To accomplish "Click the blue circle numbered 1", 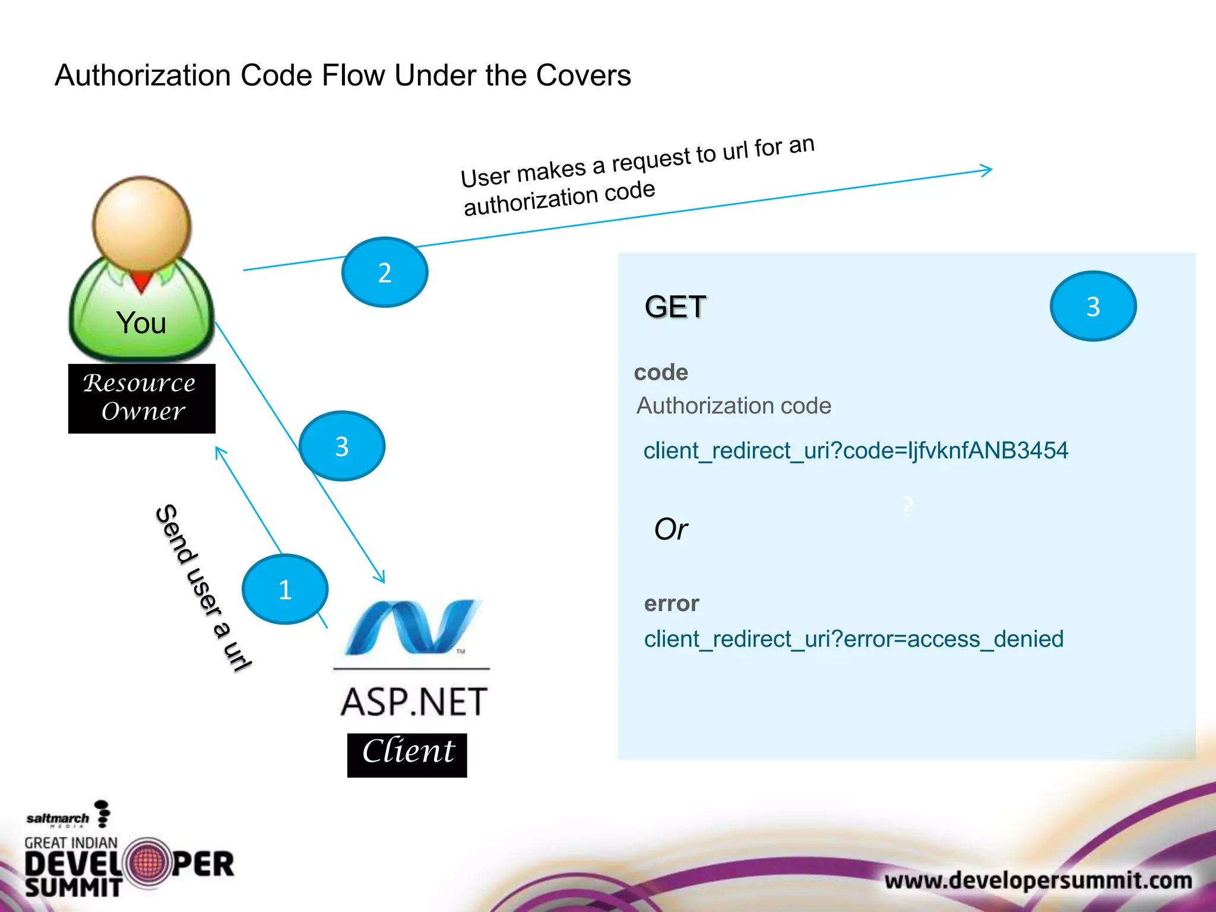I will tap(285, 589).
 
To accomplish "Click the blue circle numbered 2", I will tap(385, 273).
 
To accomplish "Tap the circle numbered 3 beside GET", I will tap(1093, 306).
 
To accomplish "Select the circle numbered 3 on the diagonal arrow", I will tap(342, 446).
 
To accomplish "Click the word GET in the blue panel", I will tap(675, 307).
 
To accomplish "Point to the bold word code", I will tap(661, 372).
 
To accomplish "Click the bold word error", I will tap(672, 603).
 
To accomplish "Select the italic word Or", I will tap(670, 529).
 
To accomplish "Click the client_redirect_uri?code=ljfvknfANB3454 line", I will tap(855, 451).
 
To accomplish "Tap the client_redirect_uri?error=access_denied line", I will tap(853, 639).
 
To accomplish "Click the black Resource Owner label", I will tap(141, 398).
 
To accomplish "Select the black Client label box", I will tap(407, 755).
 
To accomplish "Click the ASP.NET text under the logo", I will tap(414, 702).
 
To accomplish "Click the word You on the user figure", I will tap(141, 323).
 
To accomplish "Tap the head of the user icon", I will tap(141, 223).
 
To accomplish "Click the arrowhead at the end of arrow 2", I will tap(987, 170).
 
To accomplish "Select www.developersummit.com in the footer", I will tap(1038, 880).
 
